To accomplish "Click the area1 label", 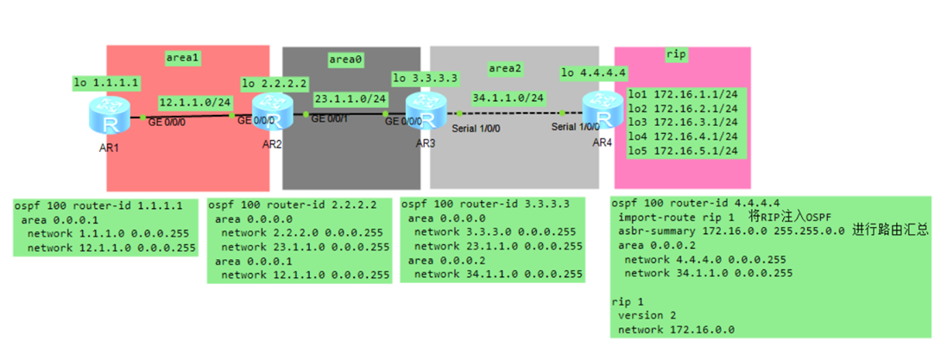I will [x=183, y=58].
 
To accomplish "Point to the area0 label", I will [x=345, y=60].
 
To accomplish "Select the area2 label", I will [x=506, y=66].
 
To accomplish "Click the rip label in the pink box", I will [x=677, y=54].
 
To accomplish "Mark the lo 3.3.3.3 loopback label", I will [x=425, y=78].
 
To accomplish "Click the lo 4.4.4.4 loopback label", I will [x=593, y=72].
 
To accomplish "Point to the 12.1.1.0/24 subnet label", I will [x=195, y=102].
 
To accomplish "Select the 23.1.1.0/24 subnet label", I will [x=350, y=98].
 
